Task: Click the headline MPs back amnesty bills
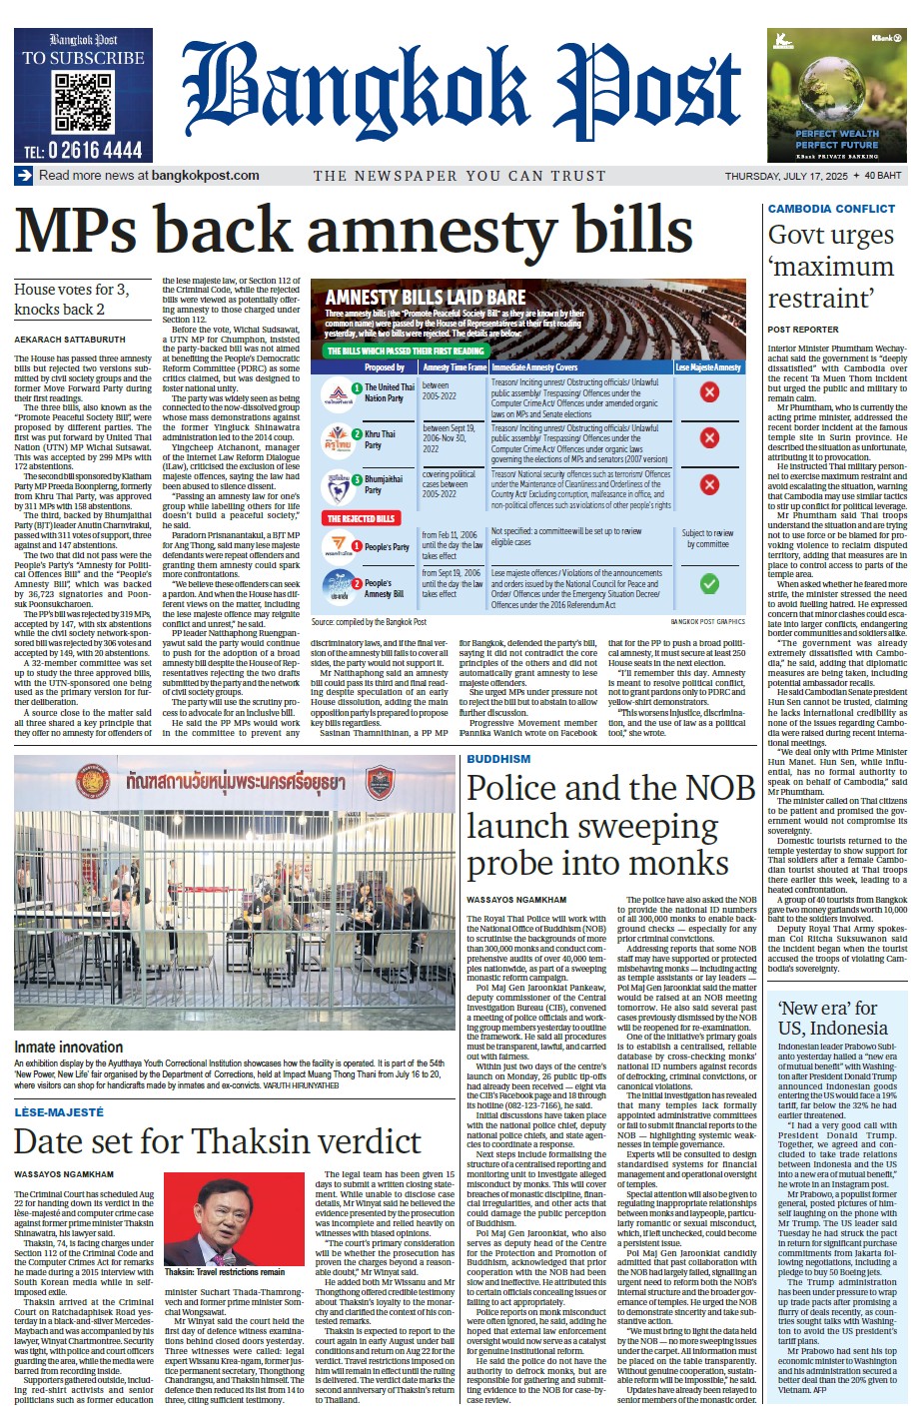[x=353, y=230]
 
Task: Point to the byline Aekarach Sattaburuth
[x=70, y=340]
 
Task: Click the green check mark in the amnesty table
[x=708, y=583]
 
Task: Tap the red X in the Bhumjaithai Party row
[x=708, y=484]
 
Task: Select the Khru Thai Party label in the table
[x=380, y=439]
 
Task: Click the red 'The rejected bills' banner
[x=361, y=518]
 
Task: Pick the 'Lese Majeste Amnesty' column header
[x=708, y=367]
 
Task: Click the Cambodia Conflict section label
[x=831, y=209]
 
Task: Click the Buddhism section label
[x=498, y=760]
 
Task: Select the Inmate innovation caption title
[x=69, y=1047]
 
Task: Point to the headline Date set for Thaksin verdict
[x=218, y=1141]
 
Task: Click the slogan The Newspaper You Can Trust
[x=459, y=176]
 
